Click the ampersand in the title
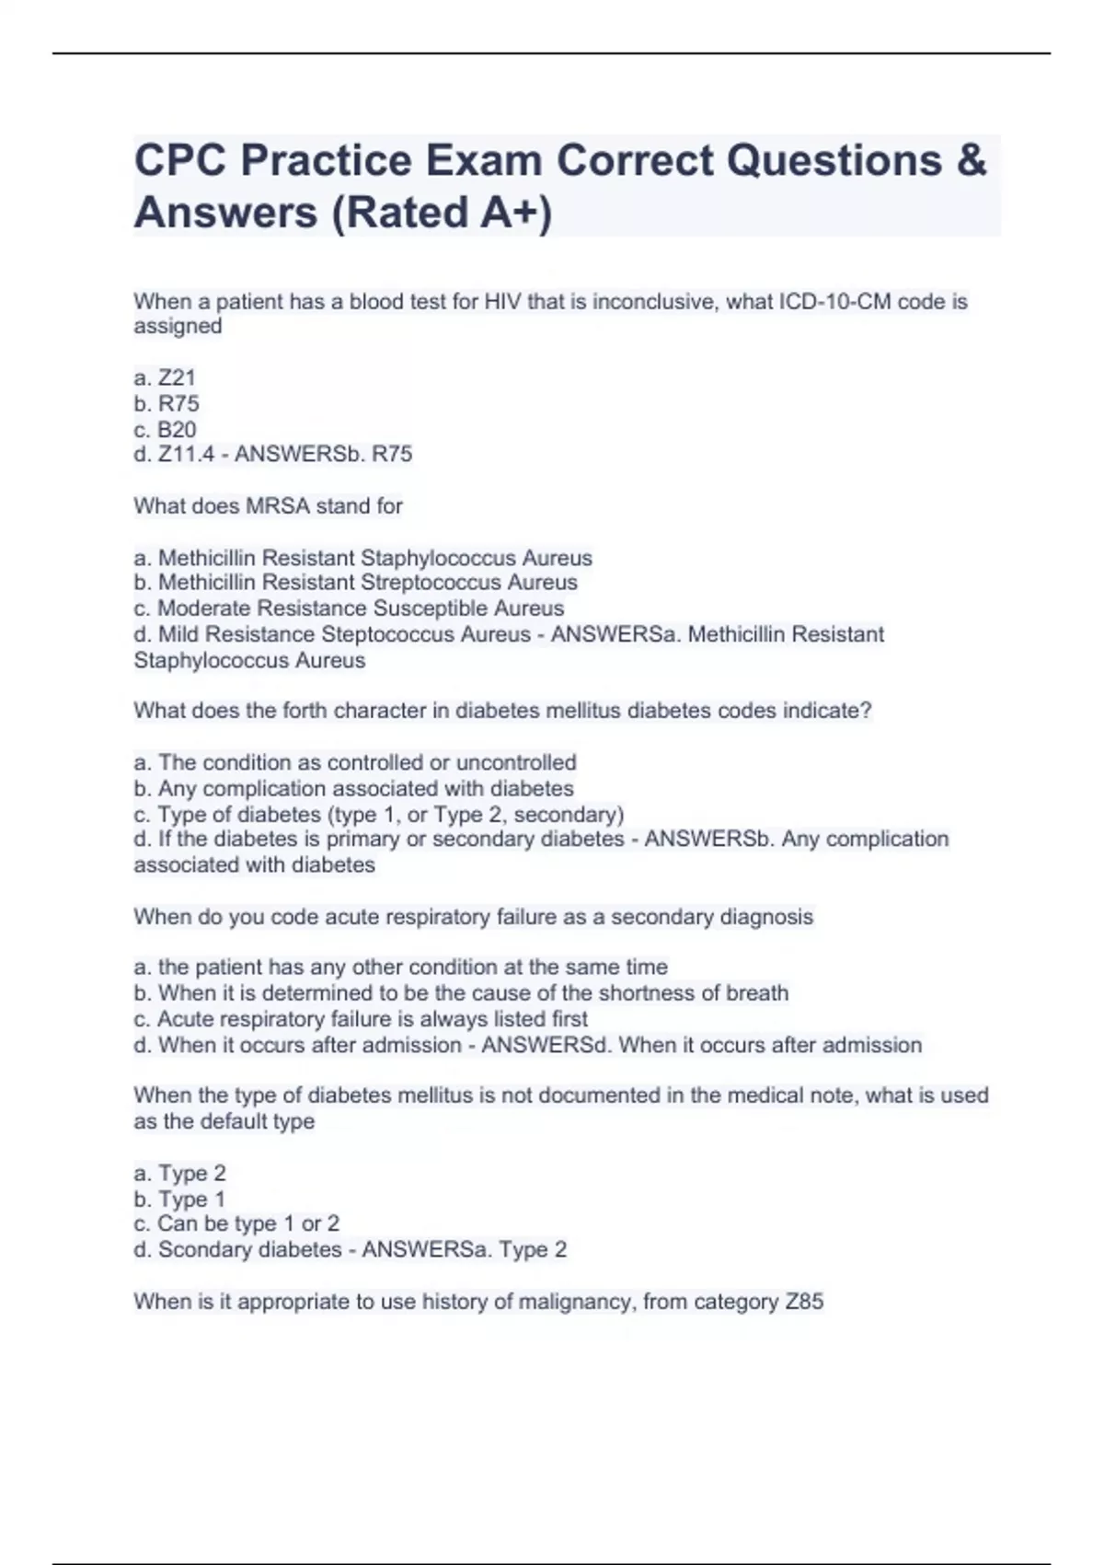click(972, 160)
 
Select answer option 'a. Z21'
click(165, 377)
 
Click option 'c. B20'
click(165, 429)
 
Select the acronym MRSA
click(278, 505)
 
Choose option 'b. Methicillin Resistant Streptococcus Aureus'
click(355, 583)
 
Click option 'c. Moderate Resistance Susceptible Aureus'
click(349, 609)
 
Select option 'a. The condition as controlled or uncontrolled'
click(355, 762)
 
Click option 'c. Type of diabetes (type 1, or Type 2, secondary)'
click(378, 815)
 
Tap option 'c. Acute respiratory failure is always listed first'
click(361, 1019)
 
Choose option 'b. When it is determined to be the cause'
click(461, 993)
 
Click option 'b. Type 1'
click(179, 1199)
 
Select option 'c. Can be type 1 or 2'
click(236, 1223)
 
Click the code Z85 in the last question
click(804, 1302)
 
